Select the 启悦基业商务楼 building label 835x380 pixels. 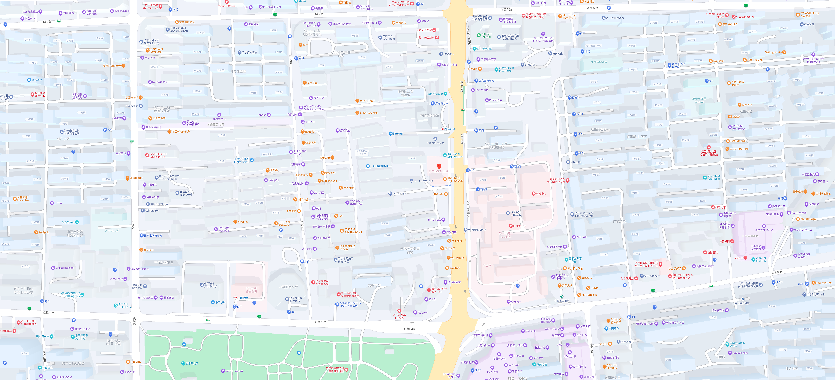click(x=435, y=143)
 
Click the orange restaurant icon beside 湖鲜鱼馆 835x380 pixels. click(x=446, y=194)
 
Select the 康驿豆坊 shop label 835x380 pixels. click(x=823, y=181)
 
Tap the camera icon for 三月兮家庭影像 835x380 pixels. click(x=368, y=166)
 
